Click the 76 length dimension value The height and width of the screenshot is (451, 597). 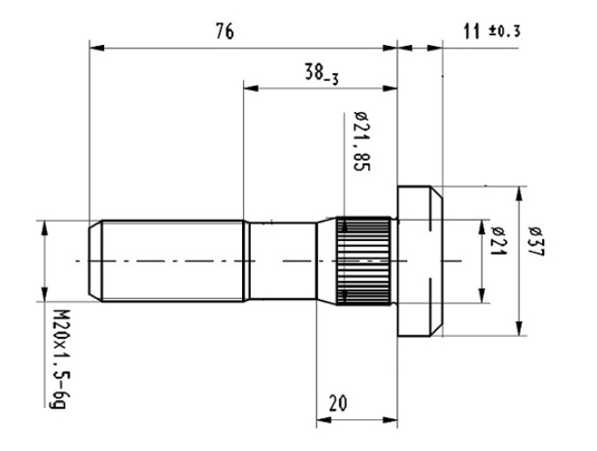click(224, 32)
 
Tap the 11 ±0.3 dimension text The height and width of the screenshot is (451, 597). click(491, 32)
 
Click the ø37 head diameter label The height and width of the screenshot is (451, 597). click(537, 241)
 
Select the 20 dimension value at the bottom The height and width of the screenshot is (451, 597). click(337, 402)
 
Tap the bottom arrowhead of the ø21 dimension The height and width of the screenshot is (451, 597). click(481, 298)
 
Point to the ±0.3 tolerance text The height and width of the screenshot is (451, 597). click(504, 32)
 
